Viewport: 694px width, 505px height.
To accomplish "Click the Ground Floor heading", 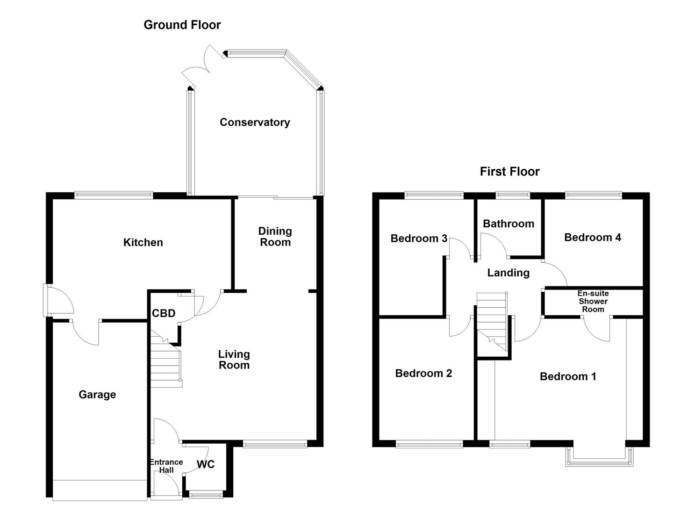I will click(x=182, y=25).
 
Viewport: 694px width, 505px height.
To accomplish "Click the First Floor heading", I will click(x=509, y=172).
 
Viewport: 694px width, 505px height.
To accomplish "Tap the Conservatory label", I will click(x=255, y=122).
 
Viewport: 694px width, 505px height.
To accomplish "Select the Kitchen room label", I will click(x=143, y=242).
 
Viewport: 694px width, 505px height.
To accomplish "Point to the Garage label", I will click(x=97, y=395).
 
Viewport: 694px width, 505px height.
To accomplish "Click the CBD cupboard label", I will click(x=164, y=313).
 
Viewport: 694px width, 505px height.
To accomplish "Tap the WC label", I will click(x=206, y=464).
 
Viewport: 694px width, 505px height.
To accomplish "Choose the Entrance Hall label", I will click(x=166, y=466).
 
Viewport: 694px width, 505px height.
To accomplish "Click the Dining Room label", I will click(x=275, y=237).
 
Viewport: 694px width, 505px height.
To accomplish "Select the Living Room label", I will click(x=234, y=360).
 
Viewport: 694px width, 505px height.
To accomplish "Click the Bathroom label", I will click(x=508, y=224).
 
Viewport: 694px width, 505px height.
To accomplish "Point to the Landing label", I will click(x=508, y=273).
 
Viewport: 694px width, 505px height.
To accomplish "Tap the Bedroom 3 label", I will click(x=419, y=238).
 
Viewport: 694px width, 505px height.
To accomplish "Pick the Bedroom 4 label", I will click(x=593, y=238).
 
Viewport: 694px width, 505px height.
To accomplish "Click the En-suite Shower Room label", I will click(x=593, y=301).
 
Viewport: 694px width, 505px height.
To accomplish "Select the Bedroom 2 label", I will click(x=423, y=373).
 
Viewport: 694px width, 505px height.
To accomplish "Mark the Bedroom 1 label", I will click(x=568, y=376).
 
